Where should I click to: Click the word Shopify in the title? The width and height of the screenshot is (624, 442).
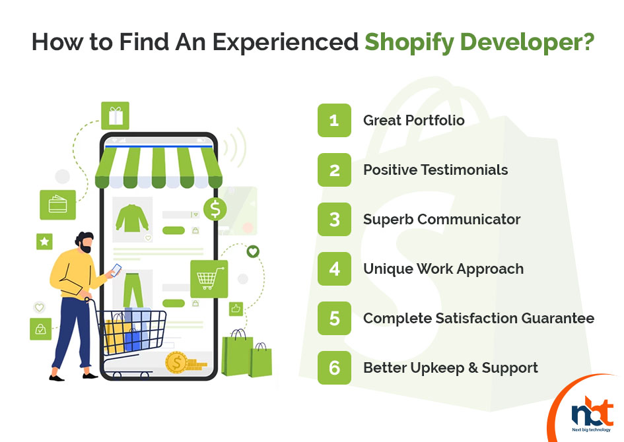click(409, 42)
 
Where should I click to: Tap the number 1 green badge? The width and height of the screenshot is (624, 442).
click(334, 121)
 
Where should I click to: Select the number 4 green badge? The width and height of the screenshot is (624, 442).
click(334, 268)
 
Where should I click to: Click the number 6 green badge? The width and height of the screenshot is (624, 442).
click(334, 367)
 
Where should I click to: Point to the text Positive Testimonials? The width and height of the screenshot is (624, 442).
click(435, 170)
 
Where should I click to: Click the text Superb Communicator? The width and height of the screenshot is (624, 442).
click(442, 220)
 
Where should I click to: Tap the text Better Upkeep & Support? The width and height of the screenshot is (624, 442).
click(450, 368)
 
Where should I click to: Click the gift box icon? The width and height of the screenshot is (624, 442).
click(115, 115)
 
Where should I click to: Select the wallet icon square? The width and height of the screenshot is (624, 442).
click(57, 205)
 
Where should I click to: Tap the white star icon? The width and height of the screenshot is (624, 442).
click(45, 241)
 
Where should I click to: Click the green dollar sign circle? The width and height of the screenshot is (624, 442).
click(215, 209)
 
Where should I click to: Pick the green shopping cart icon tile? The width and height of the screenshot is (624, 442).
click(209, 279)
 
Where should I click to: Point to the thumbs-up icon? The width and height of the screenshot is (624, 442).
click(236, 309)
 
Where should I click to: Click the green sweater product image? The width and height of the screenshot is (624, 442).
click(132, 218)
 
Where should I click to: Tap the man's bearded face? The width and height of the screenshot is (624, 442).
click(85, 243)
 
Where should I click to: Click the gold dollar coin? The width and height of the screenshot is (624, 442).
click(176, 362)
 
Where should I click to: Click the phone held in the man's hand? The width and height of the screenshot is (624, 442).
click(116, 270)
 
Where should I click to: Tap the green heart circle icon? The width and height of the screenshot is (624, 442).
click(253, 251)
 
